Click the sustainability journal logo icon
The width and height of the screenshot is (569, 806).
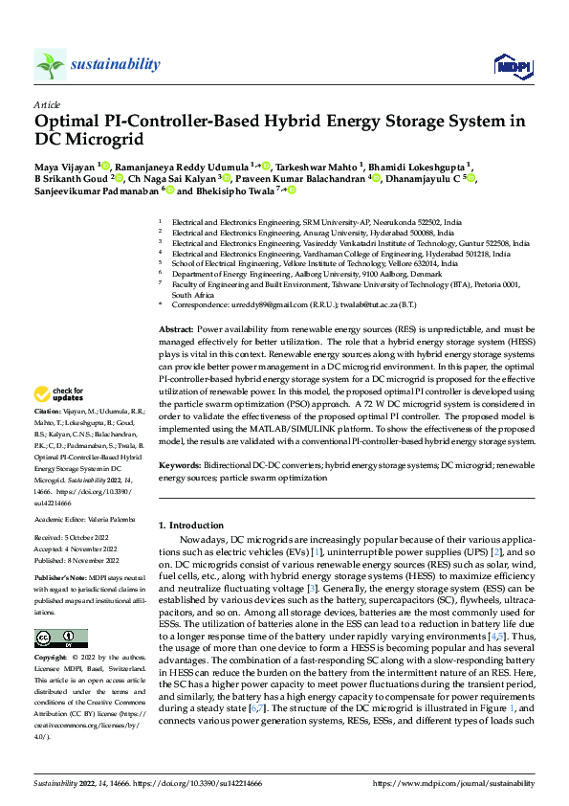point(51,64)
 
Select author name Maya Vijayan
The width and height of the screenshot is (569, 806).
point(64,165)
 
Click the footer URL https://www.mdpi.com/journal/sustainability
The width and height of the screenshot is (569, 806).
point(452,782)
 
